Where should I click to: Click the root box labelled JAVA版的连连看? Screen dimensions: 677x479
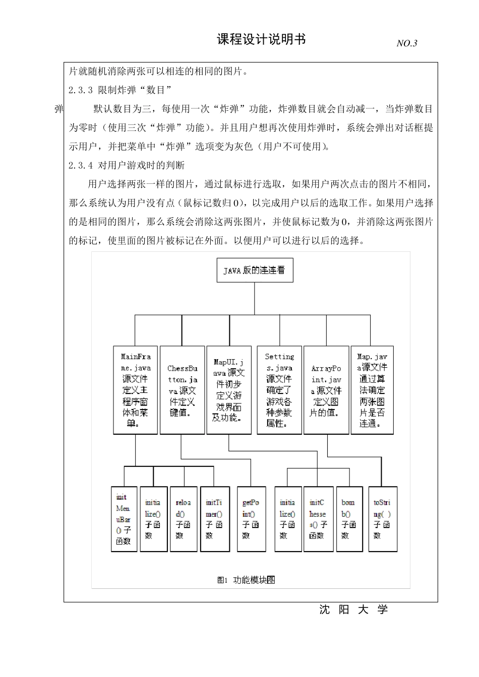254,270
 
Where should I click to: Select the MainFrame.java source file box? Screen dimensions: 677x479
135,390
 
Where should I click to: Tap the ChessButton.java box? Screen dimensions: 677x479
182,390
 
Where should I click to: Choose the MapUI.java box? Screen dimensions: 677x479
229,390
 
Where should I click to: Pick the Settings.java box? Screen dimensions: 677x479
279,390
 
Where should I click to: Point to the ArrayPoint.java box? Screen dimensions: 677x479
326,390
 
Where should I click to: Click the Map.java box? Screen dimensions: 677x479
372,390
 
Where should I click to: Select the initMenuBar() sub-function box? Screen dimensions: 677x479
124,519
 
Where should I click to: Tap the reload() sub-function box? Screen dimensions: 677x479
184,519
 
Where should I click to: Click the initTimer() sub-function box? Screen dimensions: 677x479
214,519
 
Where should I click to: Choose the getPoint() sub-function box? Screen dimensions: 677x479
251,519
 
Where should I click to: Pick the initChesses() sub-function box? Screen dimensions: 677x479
318,519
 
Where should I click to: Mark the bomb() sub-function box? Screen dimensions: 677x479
349,519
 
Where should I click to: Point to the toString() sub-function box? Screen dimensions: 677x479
382,519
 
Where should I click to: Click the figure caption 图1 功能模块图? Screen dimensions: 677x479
246,580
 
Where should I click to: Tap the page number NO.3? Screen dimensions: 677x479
407,43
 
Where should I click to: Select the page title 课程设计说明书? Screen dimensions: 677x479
261,39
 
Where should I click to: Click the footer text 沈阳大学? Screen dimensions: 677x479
353,610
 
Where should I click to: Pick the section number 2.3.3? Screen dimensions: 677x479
81,90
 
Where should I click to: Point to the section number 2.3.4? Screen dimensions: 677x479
81,165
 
